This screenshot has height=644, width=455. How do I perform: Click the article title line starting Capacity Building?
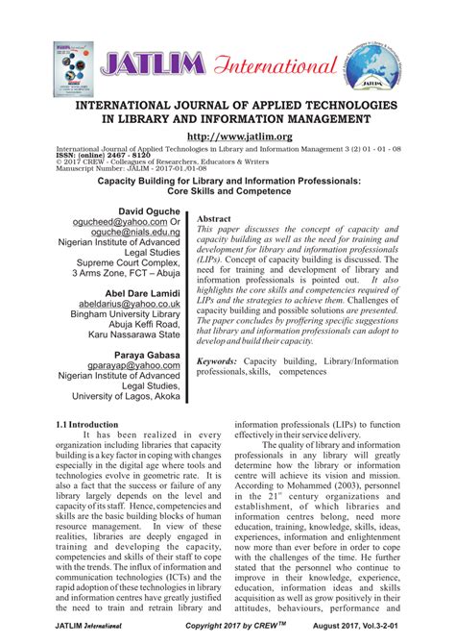(227, 180)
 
